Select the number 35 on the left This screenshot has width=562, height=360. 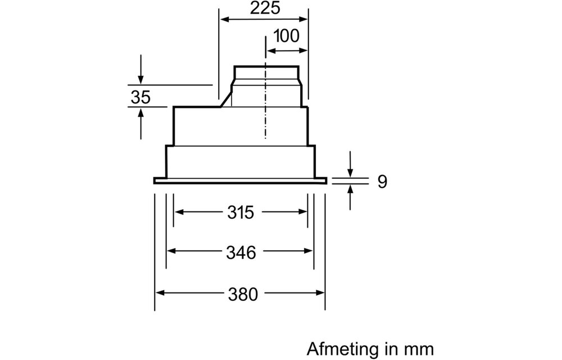(x=140, y=97)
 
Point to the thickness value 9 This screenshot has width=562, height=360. (x=382, y=182)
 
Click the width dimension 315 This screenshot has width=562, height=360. (x=241, y=213)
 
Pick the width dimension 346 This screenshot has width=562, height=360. (x=241, y=253)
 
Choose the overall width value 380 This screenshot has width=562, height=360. (x=241, y=294)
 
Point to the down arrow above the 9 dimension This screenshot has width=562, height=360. (x=351, y=171)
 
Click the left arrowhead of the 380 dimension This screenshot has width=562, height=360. (x=160, y=293)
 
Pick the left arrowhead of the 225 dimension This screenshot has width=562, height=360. (x=223, y=20)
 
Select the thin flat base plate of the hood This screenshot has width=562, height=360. (x=241, y=181)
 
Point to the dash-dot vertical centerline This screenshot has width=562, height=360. (x=265, y=112)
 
